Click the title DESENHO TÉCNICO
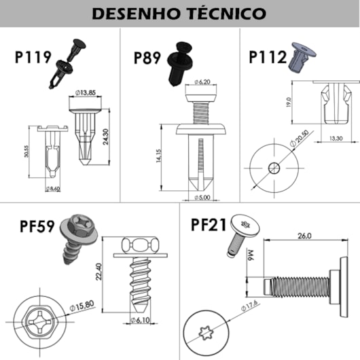pos(179,13)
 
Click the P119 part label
pos(33,58)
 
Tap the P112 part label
pos(267,57)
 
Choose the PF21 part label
pos(208,224)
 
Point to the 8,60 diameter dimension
pos(54,188)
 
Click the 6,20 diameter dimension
pos(204,82)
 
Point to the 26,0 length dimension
pos(302,236)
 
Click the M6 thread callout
pos(249,256)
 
